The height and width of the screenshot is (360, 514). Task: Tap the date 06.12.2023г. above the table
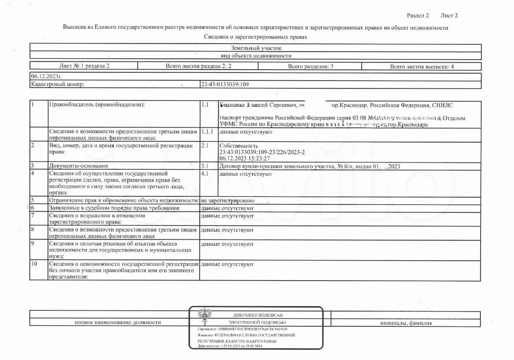[47, 76]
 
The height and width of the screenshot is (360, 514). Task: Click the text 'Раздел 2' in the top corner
[418, 16]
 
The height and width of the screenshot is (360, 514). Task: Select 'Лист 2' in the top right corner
[449, 16]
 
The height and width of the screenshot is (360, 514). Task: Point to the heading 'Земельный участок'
[256, 48]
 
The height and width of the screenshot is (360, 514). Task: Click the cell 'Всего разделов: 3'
[310, 66]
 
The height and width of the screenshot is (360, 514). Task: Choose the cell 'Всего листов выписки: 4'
[422, 67]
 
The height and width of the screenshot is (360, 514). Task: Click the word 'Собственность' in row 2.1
[239, 146]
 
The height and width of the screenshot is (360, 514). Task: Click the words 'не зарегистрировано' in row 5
[228, 200]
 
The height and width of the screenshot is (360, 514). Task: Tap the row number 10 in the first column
[34, 264]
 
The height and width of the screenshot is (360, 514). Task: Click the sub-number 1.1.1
[208, 132]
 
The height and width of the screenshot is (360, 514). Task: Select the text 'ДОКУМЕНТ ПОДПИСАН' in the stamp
[257, 315]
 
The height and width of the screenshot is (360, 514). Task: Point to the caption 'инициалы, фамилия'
[406, 323]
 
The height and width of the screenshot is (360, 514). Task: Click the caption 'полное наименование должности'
[118, 322]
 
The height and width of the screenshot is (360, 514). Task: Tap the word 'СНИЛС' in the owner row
[443, 105]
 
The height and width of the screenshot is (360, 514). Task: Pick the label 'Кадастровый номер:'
[57, 84]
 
